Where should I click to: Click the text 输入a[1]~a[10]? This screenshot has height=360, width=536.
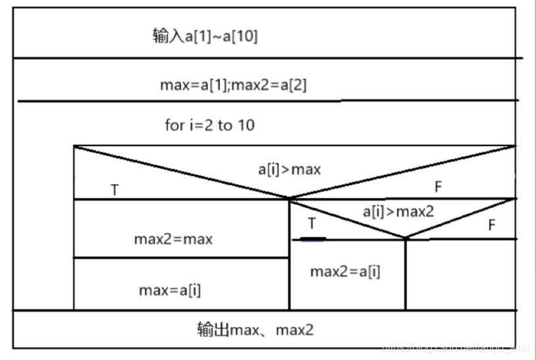(x=205, y=36)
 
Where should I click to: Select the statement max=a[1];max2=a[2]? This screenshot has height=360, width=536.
(x=233, y=85)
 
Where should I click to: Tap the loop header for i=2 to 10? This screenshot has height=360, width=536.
(x=209, y=125)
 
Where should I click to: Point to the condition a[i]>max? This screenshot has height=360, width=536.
(x=289, y=169)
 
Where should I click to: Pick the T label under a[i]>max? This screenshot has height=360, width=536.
(x=115, y=190)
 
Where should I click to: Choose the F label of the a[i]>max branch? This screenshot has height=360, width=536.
(x=439, y=187)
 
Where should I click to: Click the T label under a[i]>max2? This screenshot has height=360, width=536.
(x=311, y=224)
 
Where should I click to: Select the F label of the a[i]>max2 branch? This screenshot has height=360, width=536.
(x=491, y=225)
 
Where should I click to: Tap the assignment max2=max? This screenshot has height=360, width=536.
(x=173, y=239)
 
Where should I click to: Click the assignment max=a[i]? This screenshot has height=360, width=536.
(x=170, y=290)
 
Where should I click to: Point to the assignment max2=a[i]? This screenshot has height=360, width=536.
(x=345, y=271)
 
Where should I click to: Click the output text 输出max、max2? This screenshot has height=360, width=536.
(x=255, y=329)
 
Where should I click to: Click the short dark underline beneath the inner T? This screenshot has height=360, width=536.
(x=313, y=239)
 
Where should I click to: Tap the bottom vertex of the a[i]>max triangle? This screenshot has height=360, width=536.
(x=289, y=198)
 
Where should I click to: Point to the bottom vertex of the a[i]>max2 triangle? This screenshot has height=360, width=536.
(x=406, y=239)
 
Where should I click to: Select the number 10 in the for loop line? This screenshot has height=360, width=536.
(x=245, y=125)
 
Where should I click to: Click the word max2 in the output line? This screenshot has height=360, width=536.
(x=294, y=329)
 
